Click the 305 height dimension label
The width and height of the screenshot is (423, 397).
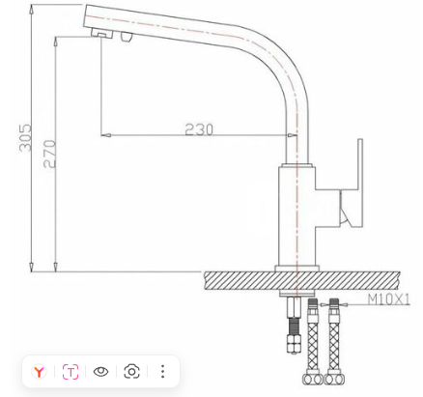pos(25,137)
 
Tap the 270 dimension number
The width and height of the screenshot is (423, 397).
pos(49,154)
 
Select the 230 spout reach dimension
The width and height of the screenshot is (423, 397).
pos(199,129)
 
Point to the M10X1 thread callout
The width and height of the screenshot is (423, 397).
pos(389,299)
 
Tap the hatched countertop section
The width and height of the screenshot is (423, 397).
pos(302,280)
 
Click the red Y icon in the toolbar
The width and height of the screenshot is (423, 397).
pos(40,372)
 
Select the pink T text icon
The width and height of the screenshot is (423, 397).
pos(70,372)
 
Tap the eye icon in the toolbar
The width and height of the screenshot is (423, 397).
pos(100,372)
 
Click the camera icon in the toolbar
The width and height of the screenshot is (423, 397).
pos(131,372)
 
